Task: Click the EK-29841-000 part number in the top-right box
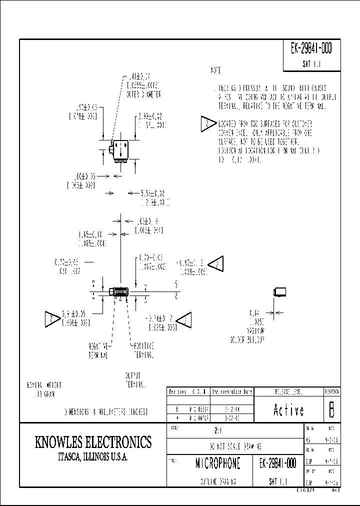coord(310,49)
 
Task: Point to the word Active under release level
coord(289,410)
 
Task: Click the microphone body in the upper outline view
coord(120,149)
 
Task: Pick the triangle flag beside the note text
coord(207,123)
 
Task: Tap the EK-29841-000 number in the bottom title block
coord(279,463)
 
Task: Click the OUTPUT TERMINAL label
coord(134,380)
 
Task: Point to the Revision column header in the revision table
coord(177,392)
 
